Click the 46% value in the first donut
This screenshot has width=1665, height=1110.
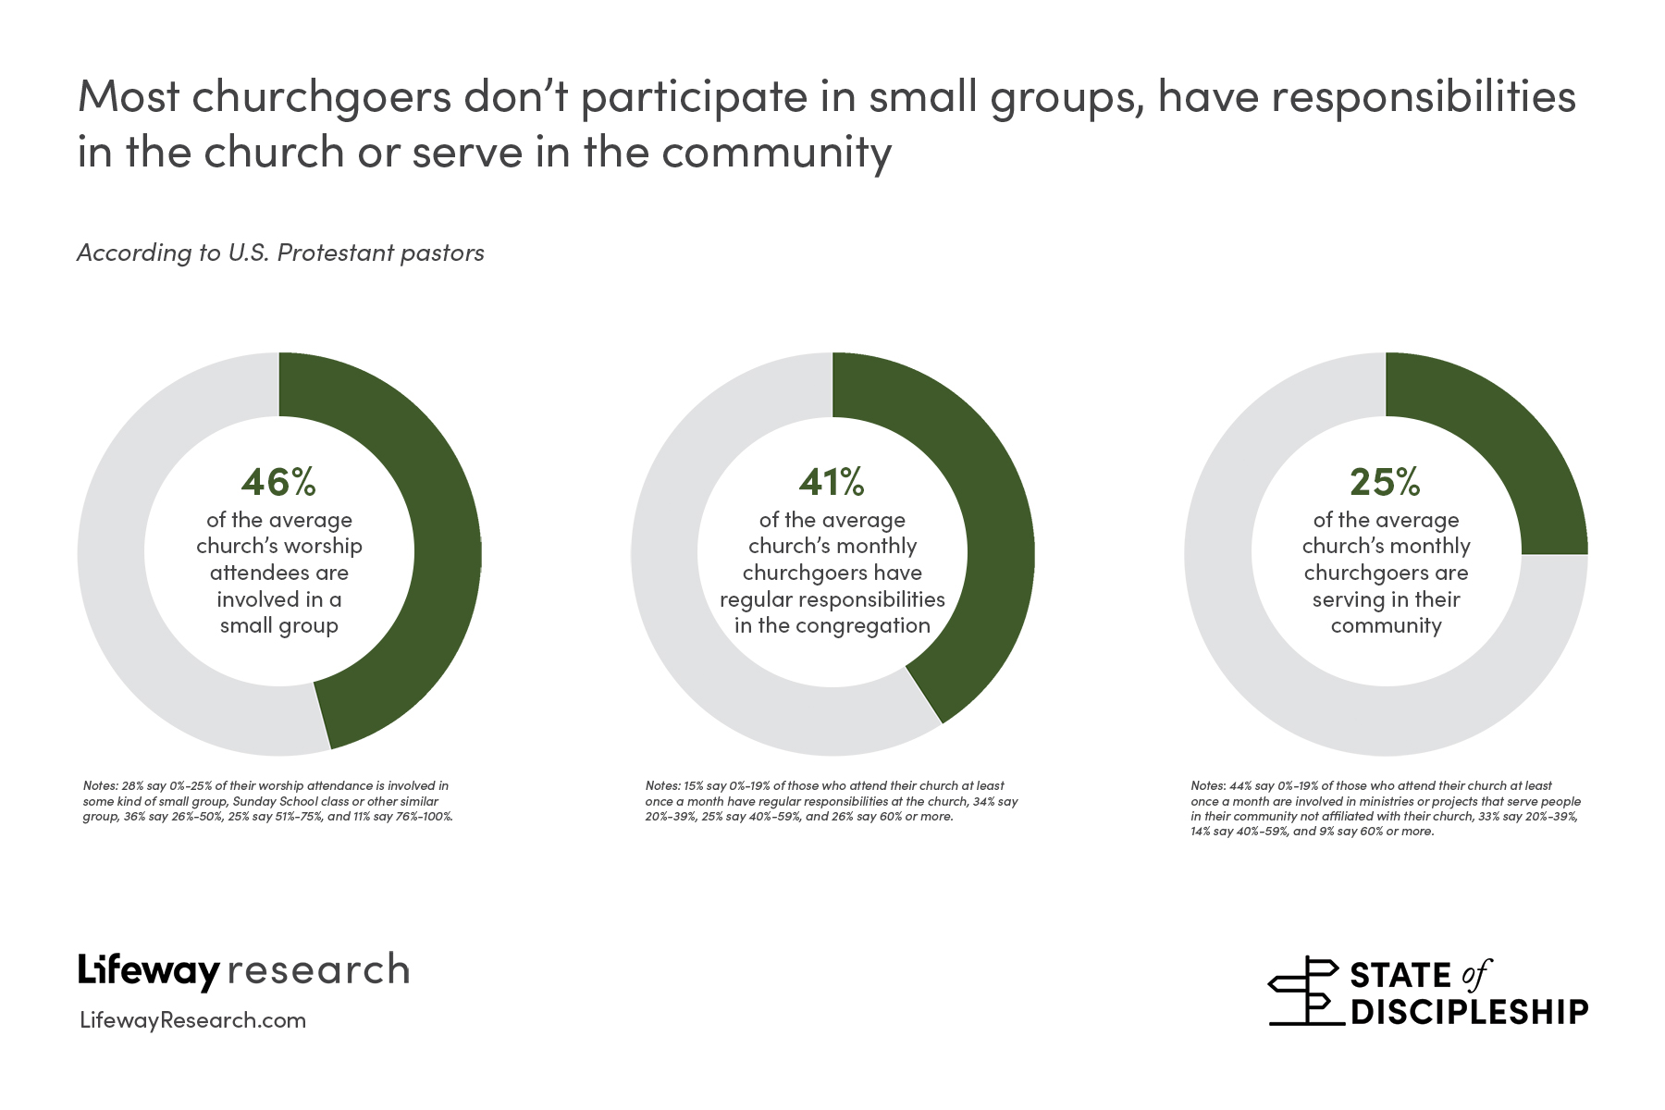[278, 481]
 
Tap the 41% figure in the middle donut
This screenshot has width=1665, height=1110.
[832, 481]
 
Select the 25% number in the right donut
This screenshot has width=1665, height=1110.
[1385, 481]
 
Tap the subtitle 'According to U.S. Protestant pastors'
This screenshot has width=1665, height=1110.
[280, 253]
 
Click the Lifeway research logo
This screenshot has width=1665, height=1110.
[243, 970]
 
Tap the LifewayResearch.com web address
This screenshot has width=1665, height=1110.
[193, 1020]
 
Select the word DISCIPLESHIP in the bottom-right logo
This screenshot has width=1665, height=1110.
[1470, 1011]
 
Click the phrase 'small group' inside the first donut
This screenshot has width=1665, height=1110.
[278, 625]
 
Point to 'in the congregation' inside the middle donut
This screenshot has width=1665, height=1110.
[832, 625]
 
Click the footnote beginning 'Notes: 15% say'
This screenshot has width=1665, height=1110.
[830, 801]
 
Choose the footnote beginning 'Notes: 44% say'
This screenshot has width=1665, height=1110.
[1385, 808]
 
